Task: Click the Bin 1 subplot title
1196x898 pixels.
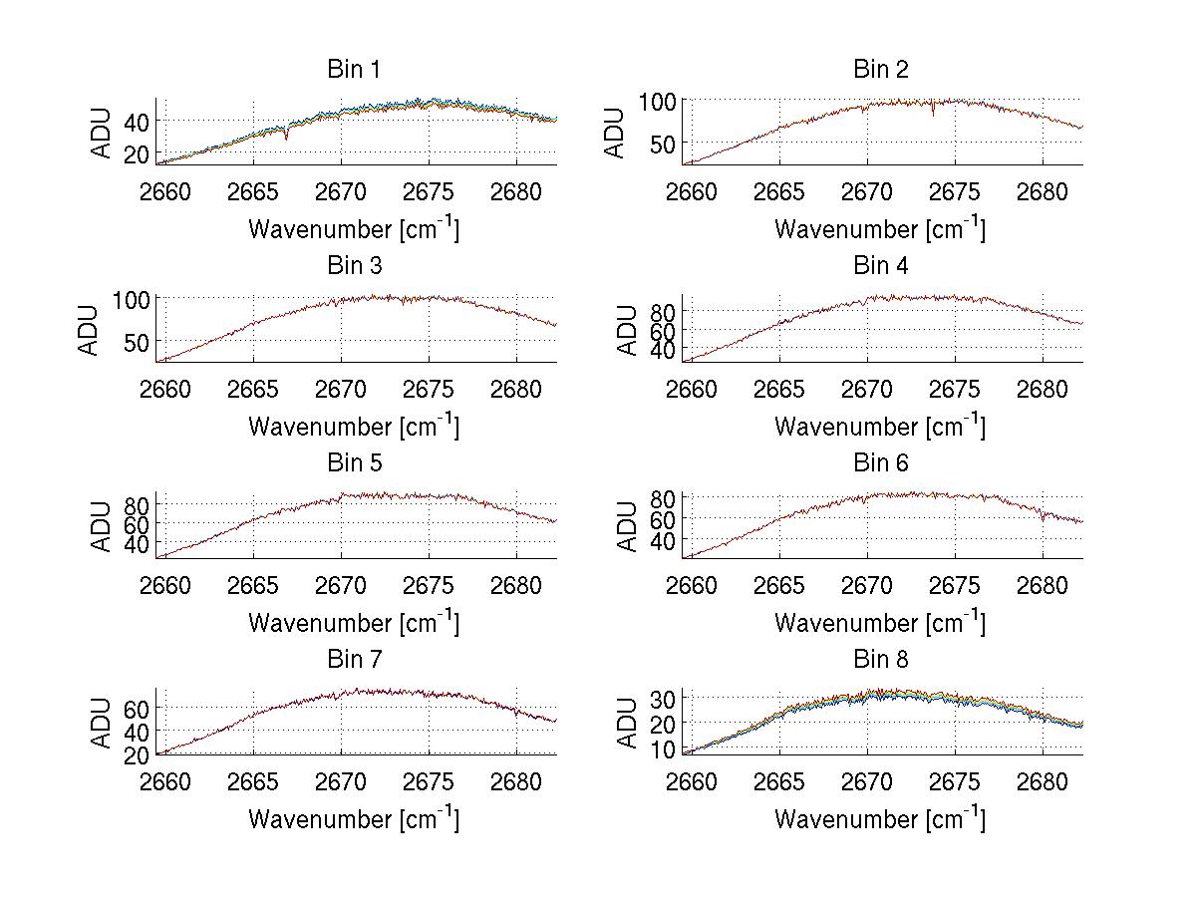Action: [x=354, y=70]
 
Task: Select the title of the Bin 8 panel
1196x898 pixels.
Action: [x=881, y=660]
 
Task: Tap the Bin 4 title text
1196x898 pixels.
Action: [x=881, y=266]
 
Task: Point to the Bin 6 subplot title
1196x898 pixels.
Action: [x=881, y=463]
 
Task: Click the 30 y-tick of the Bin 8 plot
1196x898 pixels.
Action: [x=662, y=699]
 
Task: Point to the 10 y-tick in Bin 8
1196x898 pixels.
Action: [x=662, y=748]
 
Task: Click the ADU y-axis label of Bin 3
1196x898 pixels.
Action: [x=90, y=330]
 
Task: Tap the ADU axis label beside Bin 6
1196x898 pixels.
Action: [x=627, y=526]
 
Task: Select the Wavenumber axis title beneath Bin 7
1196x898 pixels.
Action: [x=354, y=818]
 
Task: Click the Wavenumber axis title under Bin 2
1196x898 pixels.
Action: [x=880, y=228]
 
